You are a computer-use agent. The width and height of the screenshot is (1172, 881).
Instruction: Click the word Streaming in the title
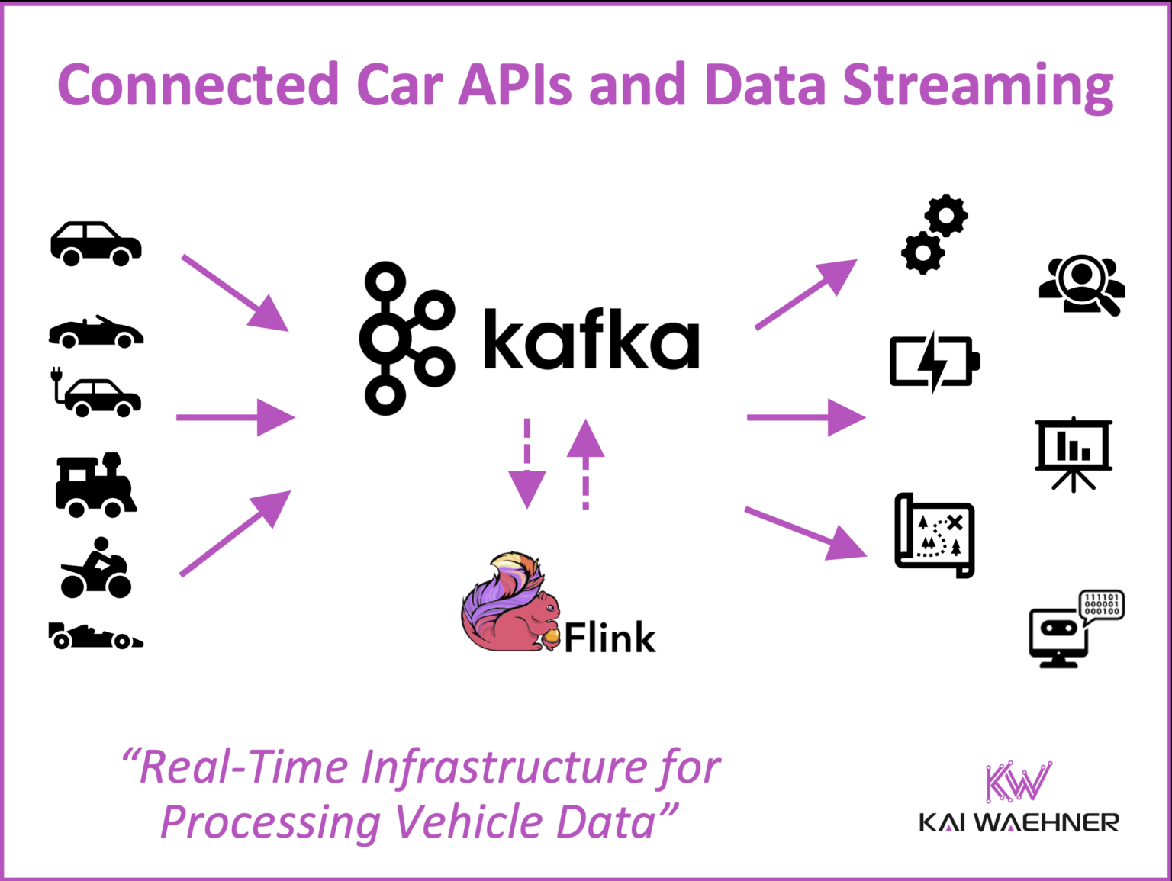point(977,85)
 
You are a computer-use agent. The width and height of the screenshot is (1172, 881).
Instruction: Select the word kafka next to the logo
point(591,340)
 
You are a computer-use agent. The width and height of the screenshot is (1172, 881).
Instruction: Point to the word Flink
point(610,638)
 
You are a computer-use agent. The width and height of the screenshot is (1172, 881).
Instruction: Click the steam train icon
point(95,486)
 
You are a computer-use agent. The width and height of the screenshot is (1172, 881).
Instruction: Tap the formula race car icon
point(95,636)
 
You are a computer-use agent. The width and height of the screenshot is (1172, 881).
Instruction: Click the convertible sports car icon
point(96,333)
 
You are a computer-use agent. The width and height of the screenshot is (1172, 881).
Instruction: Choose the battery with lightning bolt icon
point(934,362)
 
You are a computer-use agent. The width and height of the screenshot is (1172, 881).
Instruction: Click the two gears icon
point(935,233)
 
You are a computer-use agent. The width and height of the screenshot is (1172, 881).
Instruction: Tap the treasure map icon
point(935,535)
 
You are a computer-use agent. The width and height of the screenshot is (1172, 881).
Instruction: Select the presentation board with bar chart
point(1074,454)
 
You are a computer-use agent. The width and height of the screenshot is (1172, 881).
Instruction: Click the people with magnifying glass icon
point(1082,285)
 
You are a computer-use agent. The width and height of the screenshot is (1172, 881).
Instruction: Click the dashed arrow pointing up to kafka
point(585,463)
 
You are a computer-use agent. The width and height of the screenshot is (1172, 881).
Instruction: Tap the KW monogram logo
point(1018,781)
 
